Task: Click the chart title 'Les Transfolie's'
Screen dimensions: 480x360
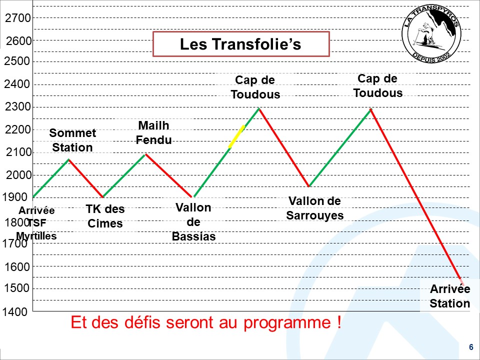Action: [240, 44]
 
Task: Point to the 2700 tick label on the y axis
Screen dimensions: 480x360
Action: [18, 18]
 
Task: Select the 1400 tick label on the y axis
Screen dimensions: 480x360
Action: [15, 311]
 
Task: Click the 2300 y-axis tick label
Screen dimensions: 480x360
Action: [18, 107]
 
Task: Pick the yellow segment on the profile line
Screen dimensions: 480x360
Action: [236, 136]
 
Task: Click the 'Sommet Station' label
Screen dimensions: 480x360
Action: [72, 140]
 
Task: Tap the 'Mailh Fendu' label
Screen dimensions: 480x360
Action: [153, 132]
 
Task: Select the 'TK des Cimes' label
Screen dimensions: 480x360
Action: [105, 216]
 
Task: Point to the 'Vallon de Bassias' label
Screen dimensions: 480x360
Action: [194, 222]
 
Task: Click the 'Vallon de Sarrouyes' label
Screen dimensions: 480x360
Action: [314, 208]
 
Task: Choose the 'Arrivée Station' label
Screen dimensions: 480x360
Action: [449, 296]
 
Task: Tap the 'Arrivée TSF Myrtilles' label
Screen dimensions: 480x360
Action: [36, 223]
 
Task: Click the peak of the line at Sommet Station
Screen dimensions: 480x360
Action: [69, 159]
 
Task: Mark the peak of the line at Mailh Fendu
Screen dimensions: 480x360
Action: [145, 154]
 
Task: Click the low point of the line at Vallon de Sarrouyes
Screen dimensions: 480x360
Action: [309, 186]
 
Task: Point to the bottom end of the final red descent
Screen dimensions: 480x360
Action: [463, 284]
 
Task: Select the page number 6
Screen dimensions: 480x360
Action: [471, 347]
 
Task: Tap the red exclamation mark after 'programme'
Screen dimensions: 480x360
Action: [339, 322]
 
